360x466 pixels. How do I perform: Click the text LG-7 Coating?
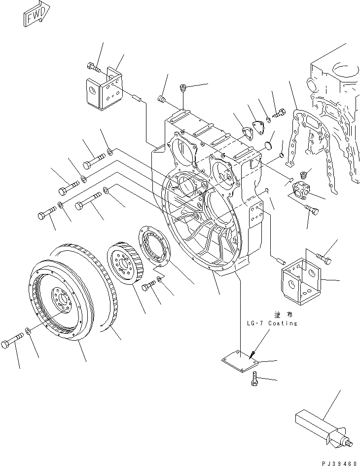(x=272, y=323)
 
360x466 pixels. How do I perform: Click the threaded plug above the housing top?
(x=182, y=89)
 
